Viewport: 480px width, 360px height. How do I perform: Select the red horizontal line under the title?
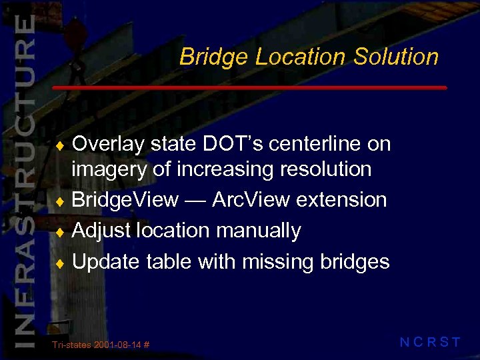249,88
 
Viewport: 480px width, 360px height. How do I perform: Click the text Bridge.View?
125,200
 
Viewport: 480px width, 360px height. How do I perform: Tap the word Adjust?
102,231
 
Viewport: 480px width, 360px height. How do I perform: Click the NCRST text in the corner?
430,343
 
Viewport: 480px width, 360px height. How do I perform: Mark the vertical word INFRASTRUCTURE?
24,180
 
